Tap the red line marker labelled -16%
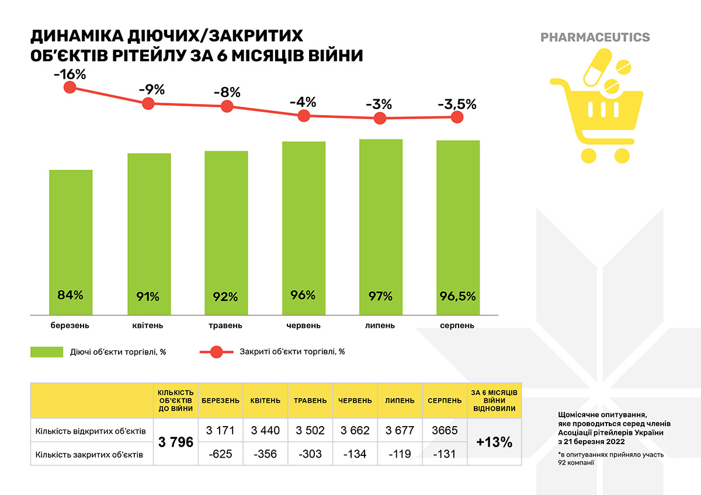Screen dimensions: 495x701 pyautogui.click(x=70, y=88)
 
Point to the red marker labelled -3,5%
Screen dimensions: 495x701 pyautogui.click(x=457, y=117)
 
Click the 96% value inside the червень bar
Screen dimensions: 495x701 pyautogui.click(x=303, y=295)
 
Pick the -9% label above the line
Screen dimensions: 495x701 pyautogui.click(x=151, y=90)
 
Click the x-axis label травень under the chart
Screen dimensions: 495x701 pyautogui.click(x=226, y=325)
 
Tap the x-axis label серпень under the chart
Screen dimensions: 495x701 pyautogui.click(x=457, y=325)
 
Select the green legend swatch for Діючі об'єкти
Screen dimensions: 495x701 pyautogui.click(x=47, y=351)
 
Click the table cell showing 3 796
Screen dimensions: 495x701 pyautogui.click(x=176, y=442)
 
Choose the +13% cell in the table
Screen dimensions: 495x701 pyautogui.click(x=494, y=442)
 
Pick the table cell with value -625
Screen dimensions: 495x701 pyautogui.click(x=221, y=454)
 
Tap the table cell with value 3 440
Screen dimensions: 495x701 pyautogui.click(x=265, y=431)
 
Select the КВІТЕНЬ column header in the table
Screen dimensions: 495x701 pyautogui.click(x=265, y=401)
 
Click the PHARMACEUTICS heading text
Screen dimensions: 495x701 pyautogui.click(x=595, y=37)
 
